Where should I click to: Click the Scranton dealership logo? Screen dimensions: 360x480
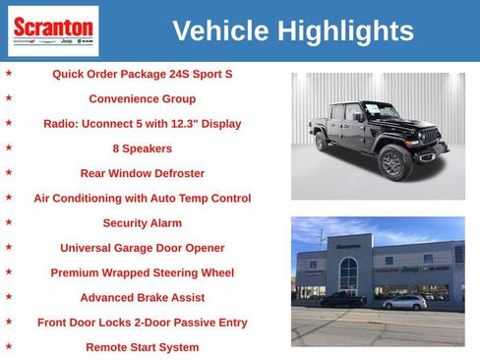coord(53,30)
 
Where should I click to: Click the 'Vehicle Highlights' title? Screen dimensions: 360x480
coord(293,31)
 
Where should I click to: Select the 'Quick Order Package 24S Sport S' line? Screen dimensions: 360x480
coord(142,74)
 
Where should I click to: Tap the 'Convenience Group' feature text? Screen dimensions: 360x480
coord(142,99)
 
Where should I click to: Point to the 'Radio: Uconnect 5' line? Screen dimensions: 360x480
coord(142,124)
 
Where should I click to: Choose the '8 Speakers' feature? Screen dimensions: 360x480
coord(142,149)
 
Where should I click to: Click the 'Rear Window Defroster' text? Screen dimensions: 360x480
coord(142,173)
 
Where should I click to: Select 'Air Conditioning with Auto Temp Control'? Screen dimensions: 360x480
coord(142,198)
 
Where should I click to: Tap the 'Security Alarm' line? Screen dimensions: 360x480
coord(142,223)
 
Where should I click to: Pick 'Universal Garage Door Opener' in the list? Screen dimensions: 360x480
coord(142,248)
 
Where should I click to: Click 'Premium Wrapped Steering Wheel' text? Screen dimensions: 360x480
coord(142,272)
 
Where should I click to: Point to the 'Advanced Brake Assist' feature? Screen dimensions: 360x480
coord(142,297)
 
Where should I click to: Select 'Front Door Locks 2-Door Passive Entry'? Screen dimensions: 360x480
coord(142,323)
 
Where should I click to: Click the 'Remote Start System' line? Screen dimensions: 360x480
coord(142,347)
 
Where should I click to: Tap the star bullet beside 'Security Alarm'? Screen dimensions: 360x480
coord(10,222)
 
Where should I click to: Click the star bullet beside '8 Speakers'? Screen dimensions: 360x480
coord(10,148)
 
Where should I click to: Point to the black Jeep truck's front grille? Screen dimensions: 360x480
coord(430,136)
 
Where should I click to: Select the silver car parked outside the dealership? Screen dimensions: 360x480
coord(404,302)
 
